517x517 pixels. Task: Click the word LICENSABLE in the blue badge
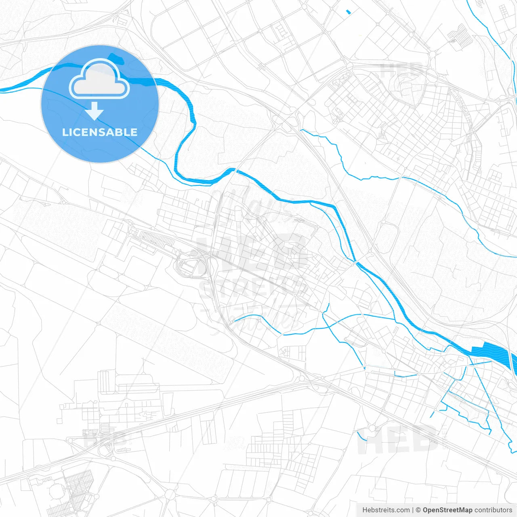point(100,132)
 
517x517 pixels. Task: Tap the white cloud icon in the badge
point(99,79)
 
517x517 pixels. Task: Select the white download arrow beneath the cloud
point(95,111)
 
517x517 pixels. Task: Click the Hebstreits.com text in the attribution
point(386,510)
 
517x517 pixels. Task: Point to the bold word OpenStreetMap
point(448,510)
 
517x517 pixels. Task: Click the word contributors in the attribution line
point(493,510)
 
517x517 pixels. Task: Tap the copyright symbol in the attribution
point(418,510)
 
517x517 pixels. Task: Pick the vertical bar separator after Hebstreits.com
point(413,510)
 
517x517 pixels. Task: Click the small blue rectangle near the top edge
point(348,12)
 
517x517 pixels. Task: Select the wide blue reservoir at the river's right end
point(495,352)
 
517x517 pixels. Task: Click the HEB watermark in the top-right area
point(402,71)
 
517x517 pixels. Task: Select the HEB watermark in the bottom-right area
point(398,440)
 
